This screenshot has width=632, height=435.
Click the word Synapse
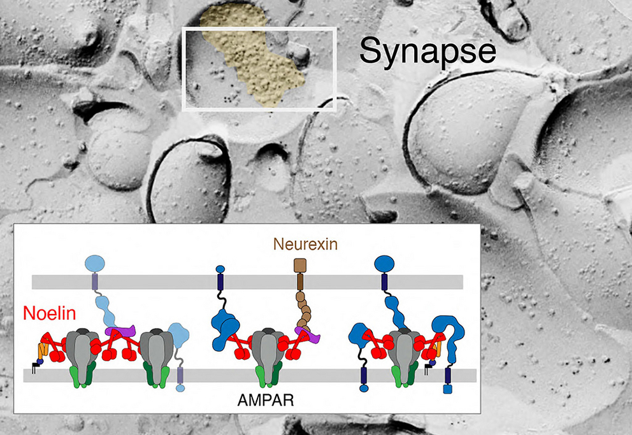pyautogui.click(x=427, y=51)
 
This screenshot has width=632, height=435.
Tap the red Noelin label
pyautogui.click(x=49, y=313)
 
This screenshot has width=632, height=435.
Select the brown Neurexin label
pyautogui.click(x=305, y=244)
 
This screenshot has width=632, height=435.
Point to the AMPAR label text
pyautogui.click(x=266, y=400)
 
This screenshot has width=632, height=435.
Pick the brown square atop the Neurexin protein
pyautogui.click(x=299, y=266)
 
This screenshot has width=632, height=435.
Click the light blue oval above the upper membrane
pyautogui.click(x=95, y=264)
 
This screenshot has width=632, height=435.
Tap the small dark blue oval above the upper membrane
pyautogui.click(x=220, y=269)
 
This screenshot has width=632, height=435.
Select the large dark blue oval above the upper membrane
pyautogui.click(x=385, y=264)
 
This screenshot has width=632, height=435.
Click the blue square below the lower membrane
pyautogui.click(x=447, y=389)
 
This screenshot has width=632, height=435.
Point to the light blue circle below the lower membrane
pyautogui.click(x=180, y=389)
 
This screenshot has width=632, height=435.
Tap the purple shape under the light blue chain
pyautogui.click(x=120, y=331)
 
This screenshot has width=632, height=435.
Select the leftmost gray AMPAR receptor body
pyautogui.click(x=82, y=355)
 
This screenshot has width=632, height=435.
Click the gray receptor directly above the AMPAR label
pyautogui.click(x=266, y=355)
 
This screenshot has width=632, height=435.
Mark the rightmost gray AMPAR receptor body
pyautogui.click(x=405, y=355)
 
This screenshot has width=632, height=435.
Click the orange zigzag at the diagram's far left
pyautogui.click(x=43, y=349)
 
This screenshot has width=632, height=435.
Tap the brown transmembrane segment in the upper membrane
pyautogui.click(x=300, y=282)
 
